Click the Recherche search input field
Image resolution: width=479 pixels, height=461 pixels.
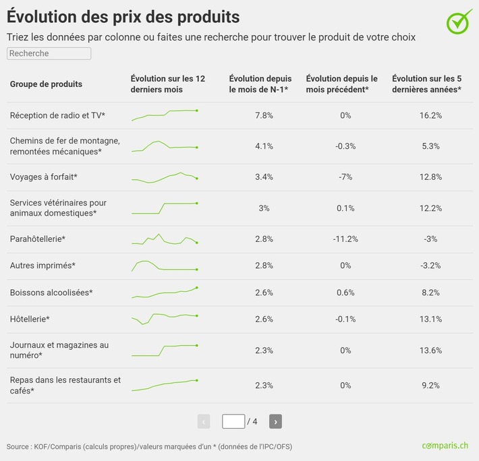49,53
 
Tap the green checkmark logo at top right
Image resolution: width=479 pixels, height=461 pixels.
459,21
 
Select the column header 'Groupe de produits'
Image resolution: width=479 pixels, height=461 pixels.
46,84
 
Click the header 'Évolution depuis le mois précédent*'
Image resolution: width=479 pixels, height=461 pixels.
342,84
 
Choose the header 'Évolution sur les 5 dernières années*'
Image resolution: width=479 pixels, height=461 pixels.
426,84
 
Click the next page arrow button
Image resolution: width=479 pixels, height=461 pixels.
275,421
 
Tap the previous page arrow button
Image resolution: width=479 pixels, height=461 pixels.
204,421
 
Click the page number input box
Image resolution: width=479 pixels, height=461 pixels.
233,421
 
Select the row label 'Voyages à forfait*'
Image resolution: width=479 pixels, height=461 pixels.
44,177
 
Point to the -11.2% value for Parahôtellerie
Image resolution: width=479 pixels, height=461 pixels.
345,239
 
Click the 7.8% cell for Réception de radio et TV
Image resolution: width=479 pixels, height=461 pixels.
264,115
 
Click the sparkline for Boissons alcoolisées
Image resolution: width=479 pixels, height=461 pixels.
165,292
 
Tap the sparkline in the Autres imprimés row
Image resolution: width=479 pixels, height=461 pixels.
165,266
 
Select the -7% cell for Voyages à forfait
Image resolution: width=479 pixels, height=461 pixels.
345,177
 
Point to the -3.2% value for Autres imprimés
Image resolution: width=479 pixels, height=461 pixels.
430,266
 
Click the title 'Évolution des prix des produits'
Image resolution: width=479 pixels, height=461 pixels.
123,16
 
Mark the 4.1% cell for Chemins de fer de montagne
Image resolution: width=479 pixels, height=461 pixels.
264,146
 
